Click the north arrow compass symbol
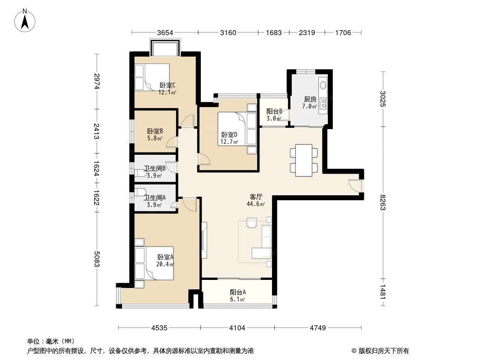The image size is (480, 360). tap(25, 21)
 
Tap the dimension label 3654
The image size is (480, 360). tap(165, 33)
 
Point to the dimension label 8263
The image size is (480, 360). tap(383, 202)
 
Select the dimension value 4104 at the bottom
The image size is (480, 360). tap(237, 328)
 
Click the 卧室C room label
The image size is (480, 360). tap(168, 85)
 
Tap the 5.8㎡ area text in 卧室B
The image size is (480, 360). tap(154, 138)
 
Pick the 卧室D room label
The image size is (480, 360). tap(229, 135)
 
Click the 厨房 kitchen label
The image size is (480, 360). tap(310, 99)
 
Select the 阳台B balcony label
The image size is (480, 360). tap(274, 112)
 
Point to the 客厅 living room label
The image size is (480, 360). tap(256, 197)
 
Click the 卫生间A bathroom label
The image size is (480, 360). tap(154, 198)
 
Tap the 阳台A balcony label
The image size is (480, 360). tap(238, 292)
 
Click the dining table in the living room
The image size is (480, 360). tap(303, 160)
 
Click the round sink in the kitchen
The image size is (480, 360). tap(323, 85)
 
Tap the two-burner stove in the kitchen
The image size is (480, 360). tap(323, 103)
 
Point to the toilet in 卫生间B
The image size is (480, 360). tap(140, 173)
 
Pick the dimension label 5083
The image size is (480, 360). tap(97, 259)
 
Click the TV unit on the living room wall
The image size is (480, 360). tap(204, 240)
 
